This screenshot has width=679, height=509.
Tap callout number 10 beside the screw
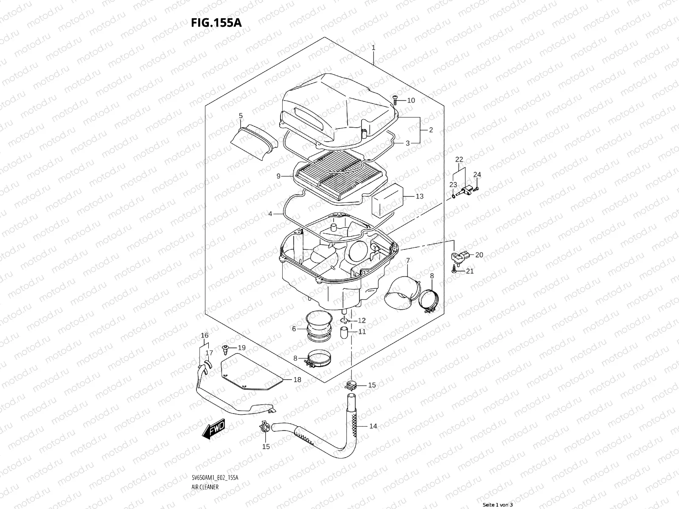click(x=411, y=101)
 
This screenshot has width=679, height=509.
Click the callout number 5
click(x=241, y=115)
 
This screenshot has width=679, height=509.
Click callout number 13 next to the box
click(x=419, y=196)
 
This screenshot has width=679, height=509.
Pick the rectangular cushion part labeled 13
click(x=387, y=200)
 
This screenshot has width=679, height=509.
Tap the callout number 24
click(x=477, y=174)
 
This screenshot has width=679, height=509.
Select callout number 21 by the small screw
click(x=469, y=271)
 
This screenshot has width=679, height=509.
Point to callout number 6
click(x=294, y=329)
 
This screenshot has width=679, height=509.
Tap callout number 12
click(x=361, y=320)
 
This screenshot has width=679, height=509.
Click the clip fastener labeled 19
click(x=226, y=349)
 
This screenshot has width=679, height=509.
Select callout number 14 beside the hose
click(x=373, y=426)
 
